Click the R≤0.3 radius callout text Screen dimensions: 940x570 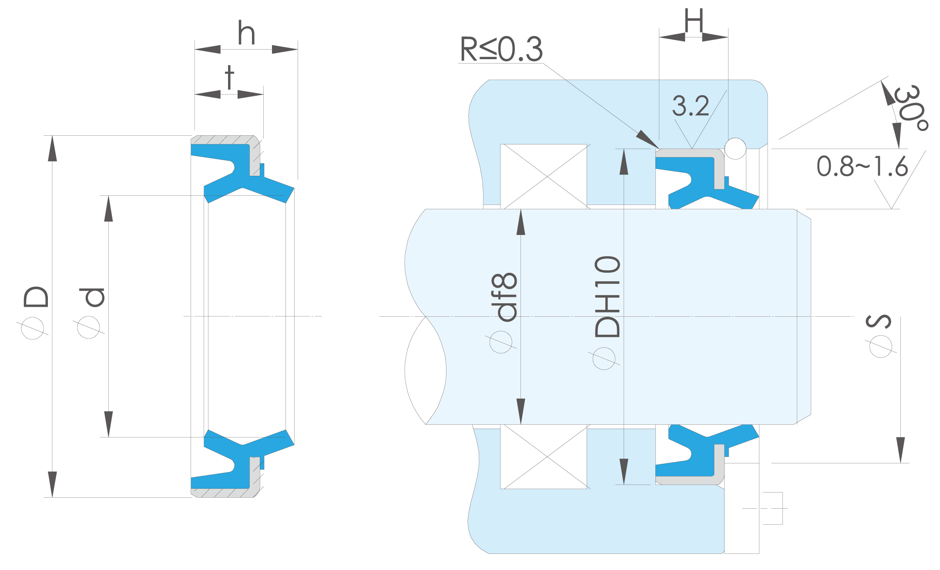tap(501, 49)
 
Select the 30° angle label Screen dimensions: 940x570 tap(910, 108)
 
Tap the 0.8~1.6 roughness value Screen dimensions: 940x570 tap(862, 166)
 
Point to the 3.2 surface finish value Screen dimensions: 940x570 tap(691, 106)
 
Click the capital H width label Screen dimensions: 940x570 tap(693, 20)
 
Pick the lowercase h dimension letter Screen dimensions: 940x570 tap(246, 33)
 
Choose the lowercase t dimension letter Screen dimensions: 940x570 tap(229, 77)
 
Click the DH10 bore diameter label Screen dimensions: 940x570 tap(607, 296)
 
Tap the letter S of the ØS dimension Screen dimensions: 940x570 tap(879, 321)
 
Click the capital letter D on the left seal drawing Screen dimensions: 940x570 tap(36, 297)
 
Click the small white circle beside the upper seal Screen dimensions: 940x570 tap(735, 148)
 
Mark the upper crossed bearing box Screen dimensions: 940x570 tap(544, 176)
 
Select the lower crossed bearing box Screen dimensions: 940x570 tap(544, 456)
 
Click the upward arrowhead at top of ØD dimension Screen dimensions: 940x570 tap(52, 136)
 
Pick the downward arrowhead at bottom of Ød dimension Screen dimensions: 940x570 tap(108, 437)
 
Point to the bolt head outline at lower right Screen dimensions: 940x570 tap(772, 508)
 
